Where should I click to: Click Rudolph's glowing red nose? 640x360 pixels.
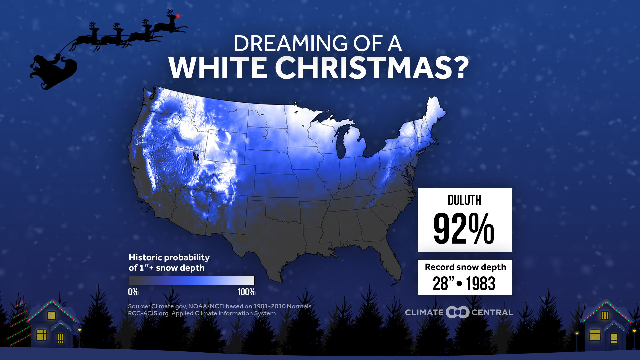coord(178,16)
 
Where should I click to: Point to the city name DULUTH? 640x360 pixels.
coord(465,200)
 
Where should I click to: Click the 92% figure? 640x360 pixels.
coord(464,229)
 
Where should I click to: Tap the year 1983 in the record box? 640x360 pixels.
coord(481,284)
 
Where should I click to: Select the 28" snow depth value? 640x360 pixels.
coord(444,284)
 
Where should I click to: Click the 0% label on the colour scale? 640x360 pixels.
coord(133,292)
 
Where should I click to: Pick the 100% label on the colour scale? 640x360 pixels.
coord(246,292)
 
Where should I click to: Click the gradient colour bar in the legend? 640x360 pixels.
coord(191,280)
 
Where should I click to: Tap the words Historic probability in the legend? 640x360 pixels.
coord(169,257)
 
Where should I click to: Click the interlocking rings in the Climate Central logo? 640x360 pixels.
coord(457,312)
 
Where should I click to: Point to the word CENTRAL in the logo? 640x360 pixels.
coord(492,313)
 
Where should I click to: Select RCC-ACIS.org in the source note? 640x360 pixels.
coord(148,313)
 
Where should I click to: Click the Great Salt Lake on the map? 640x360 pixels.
coord(195,156)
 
